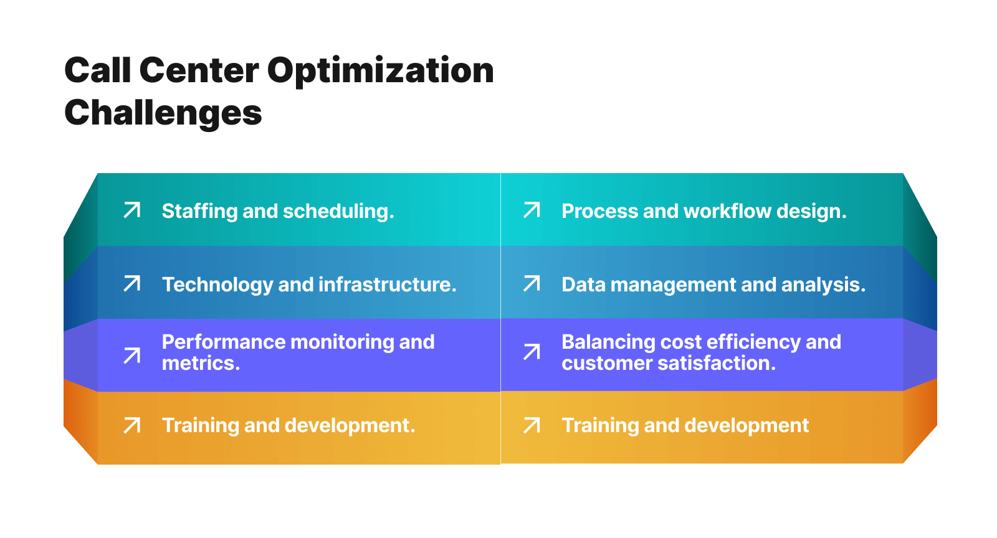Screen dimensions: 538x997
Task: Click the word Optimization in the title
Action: click(x=380, y=71)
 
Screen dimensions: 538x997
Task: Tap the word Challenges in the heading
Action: click(x=163, y=113)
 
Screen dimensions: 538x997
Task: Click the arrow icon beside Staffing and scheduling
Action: click(x=132, y=210)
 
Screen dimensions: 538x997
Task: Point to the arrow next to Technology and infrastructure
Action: click(x=132, y=284)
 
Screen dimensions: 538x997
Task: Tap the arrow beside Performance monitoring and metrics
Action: click(x=132, y=356)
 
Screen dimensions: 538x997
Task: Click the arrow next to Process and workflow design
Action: click(x=532, y=210)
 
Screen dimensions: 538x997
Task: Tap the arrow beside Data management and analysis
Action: click(x=532, y=284)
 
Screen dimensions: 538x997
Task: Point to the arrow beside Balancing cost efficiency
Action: click(x=532, y=352)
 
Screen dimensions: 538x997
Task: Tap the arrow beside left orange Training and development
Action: click(x=132, y=425)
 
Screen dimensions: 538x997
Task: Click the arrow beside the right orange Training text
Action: click(x=532, y=425)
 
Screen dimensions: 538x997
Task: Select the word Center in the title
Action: click(x=199, y=71)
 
